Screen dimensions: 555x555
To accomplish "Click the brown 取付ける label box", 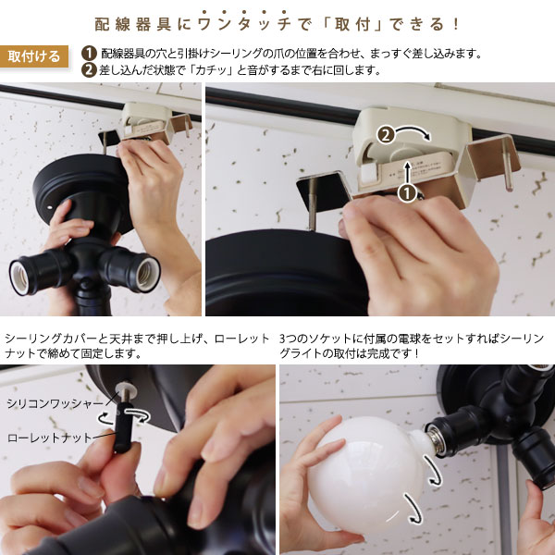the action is pyautogui.click(x=34, y=56).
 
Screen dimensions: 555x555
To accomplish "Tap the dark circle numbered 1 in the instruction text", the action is pyautogui.click(x=89, y=54).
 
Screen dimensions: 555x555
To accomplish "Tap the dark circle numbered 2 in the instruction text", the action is pyautogui.click(x=89, y=69).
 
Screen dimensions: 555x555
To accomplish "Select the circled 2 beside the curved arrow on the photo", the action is pyautogui.click(x=386, y=135).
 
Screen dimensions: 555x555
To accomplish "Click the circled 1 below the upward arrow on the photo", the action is pyautogui.click(x=407, y=193).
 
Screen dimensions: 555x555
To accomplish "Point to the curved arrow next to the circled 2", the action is pyautogui.click(x=413, y=131).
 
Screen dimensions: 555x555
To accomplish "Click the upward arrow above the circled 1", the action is pyautogui.click(x=408, y=172).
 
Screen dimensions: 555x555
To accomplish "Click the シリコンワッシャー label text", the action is pyautogui.click(x=55, y=403).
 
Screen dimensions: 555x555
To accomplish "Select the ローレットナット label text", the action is pyautogui.click(x=50, y=438).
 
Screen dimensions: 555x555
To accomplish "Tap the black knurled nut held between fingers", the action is pyautogui.click(x=124, y=426).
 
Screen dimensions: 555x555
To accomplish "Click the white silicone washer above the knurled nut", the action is pyautogui.click(x=126, y=388).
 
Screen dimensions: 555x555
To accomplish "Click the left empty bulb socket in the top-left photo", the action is pyautogui.click(x=19, y=277).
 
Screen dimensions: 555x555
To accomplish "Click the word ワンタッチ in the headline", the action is pyautogui.click(x=244, y=24).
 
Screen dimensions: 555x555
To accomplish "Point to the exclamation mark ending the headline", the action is pyautogui.click(x=455, y=24).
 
